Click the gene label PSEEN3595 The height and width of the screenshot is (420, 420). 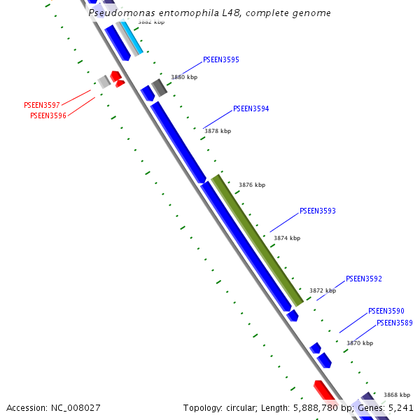coord(221,59)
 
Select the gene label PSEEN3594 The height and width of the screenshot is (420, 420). coord(251,108)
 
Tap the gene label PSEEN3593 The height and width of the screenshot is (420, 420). coord(318,211)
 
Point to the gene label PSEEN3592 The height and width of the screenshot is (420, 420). coord(364,279)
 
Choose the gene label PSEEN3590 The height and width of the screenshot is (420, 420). coord(386,311)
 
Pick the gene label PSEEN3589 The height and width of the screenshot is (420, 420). coord(395,323)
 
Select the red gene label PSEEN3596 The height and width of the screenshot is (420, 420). coord(48,115)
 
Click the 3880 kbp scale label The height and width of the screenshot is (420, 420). coord(184,77)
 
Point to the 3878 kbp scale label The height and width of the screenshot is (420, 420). coord(217,131)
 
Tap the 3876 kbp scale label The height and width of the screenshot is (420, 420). coord(252,185)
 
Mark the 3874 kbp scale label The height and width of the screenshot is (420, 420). coord(287,238)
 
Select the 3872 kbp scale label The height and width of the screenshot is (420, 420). coord(323,290)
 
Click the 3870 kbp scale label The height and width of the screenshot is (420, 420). coord(360,343)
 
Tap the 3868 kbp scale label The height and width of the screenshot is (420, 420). coord(397,395)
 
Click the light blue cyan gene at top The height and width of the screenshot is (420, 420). coord(132,39)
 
